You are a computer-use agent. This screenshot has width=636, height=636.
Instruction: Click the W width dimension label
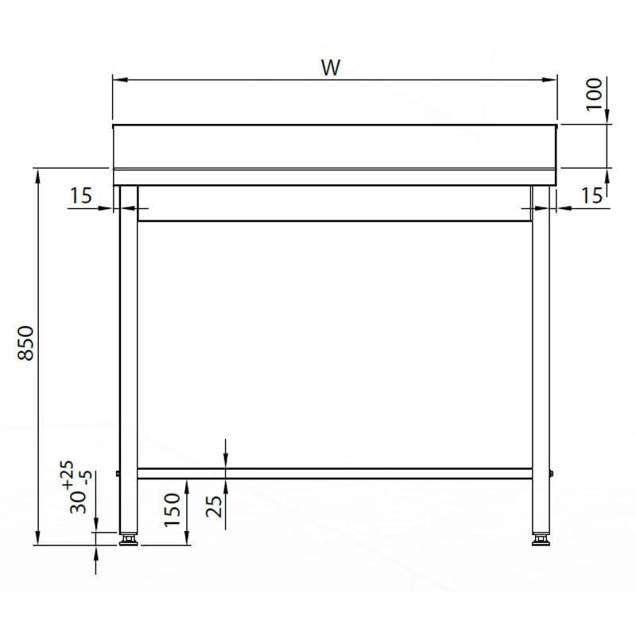(x=331, y=68)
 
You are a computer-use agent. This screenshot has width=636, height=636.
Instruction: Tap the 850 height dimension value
(x=26, y=343)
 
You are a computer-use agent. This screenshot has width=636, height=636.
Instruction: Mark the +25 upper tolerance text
(x=67, y=475)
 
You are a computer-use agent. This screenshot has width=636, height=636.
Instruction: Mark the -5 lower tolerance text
(x=87, y=479)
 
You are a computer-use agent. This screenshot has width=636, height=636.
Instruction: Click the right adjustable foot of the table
(x=541, y=540)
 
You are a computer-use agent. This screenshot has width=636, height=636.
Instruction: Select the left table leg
(x=127, y=358)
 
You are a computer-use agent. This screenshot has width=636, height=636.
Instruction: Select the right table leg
(x=541, y=358)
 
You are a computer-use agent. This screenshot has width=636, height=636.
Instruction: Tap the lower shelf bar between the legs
(x=334, y=474)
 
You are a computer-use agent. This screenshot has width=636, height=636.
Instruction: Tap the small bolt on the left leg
(x=118, y=474)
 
